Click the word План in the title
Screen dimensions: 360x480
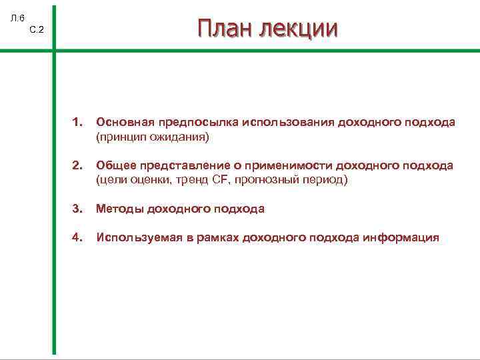225,29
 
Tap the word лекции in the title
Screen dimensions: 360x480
298,29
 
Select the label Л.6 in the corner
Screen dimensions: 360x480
17,17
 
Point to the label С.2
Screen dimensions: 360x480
37,30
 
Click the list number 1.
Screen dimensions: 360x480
77,123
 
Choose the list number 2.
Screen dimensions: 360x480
77,165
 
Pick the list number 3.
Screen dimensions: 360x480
77,209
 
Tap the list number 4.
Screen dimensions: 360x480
77,237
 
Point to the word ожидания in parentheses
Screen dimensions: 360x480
182,137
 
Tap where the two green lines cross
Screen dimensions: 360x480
54,49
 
